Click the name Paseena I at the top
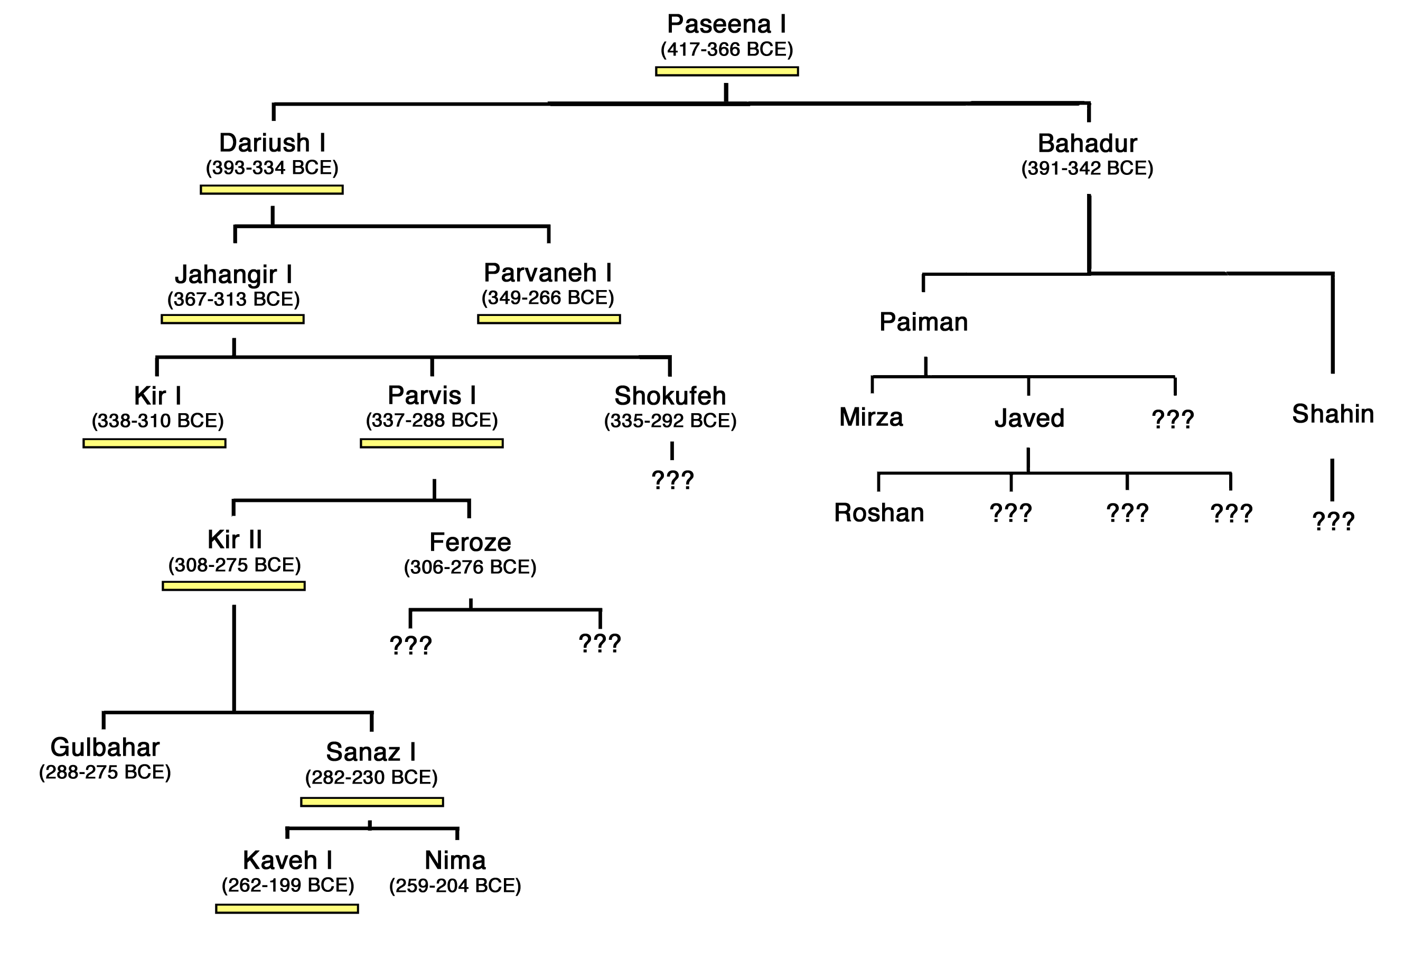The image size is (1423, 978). coord(726,24)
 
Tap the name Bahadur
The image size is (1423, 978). coord(1087,143)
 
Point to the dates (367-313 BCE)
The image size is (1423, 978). coord(233,299)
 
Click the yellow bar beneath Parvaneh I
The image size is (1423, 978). coord(549,319)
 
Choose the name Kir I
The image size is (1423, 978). coord(157,396)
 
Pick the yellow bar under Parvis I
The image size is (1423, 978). coord(432,444)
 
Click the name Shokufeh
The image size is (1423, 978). coord(670,396)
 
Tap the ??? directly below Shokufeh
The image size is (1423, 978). coord(672,479)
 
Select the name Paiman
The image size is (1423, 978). coord(924,322)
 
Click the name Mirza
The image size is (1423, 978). coord(871,417)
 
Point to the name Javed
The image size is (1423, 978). coord(1029,418)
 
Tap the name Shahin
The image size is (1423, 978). coord(1333,414)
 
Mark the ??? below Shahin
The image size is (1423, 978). coord(1334,521)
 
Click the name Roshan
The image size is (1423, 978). coord(879,513)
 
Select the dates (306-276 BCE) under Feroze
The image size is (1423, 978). coord(470,567)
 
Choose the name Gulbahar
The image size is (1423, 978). coord(105,748)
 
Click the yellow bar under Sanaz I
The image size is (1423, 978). coord(372,802)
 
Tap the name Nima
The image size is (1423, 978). coord(455,860)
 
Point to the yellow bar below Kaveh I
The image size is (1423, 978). coord(287,909)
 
